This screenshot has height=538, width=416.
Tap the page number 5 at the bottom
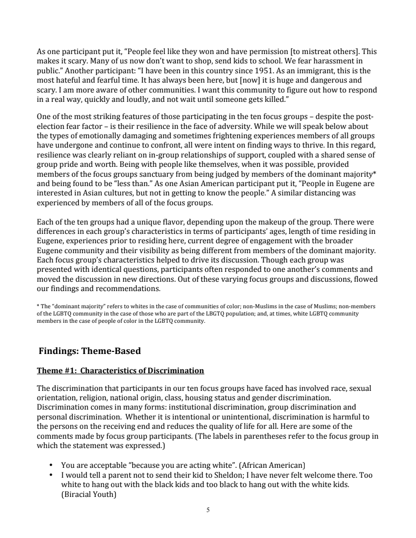208,510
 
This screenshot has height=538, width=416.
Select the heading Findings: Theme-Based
90,351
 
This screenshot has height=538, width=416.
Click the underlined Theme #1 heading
120,371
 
